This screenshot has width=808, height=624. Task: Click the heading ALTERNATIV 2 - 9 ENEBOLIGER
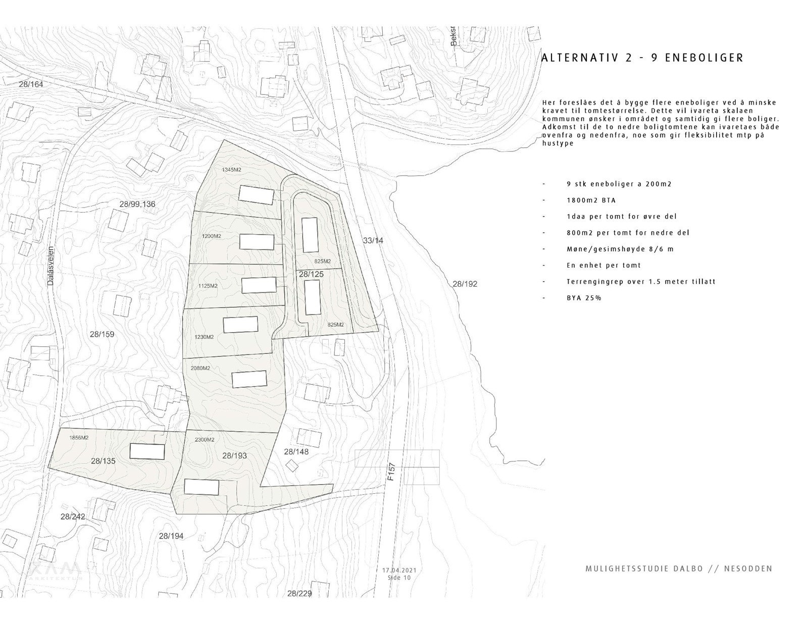point(642,58)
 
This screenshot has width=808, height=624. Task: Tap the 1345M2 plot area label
point(232,170)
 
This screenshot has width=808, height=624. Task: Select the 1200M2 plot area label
point(212,236)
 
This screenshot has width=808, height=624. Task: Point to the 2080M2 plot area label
point(200,368)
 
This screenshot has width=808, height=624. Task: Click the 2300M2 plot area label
point(204,440)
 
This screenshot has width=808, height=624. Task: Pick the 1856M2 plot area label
point(79,438)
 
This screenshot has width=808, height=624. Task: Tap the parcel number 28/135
point(104,460)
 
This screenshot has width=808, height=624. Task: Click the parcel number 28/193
point(234,455)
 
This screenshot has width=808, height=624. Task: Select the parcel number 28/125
point(311,274)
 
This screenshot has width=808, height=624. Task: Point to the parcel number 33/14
point(373,241)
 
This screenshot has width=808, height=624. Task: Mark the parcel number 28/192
point(465,284)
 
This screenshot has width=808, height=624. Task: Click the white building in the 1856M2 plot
point(147,451)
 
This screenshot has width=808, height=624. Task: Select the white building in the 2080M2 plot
point(249,379)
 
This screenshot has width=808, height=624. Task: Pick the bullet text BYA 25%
point(584,297)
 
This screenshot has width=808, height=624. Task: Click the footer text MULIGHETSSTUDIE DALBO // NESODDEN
point(679,568)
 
